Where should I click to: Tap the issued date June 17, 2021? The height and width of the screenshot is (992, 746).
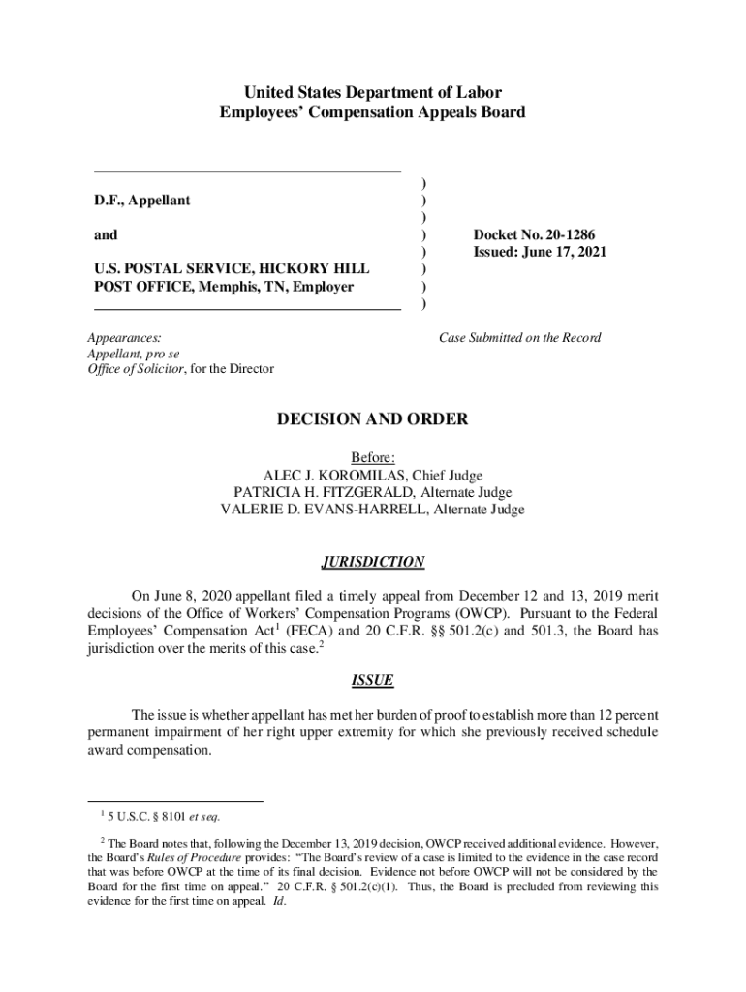[x=566, y=252]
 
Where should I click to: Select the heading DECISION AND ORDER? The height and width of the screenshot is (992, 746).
[x=373, y=419]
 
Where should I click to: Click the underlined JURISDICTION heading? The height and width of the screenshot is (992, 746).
[x=373, y=562]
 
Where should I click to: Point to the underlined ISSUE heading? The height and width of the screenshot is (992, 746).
[x=373, y=681]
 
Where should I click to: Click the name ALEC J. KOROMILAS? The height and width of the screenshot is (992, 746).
[x=336, y=475]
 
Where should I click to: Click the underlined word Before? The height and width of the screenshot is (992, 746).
[x=373, y=457]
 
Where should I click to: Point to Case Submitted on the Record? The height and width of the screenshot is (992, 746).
[x=520, y=337]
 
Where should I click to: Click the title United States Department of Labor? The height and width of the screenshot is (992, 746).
[x=373, y=93]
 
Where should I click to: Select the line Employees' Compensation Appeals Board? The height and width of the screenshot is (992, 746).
[x=373, y=112]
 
